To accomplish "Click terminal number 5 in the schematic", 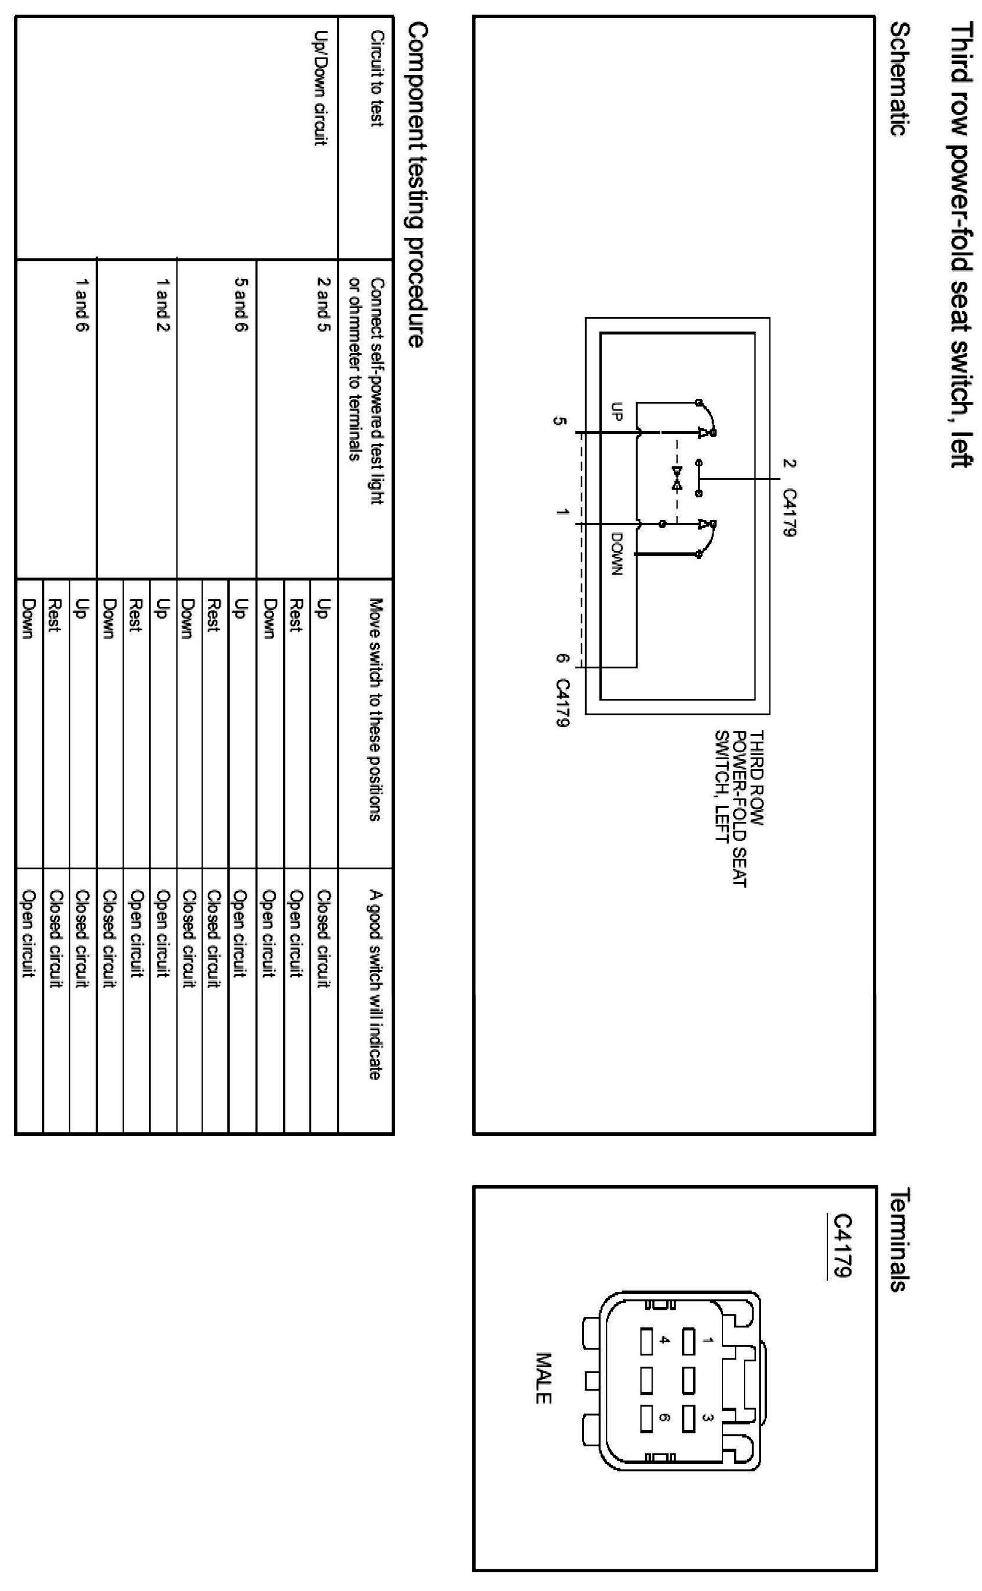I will (559, 421).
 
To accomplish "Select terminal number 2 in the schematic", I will (789, 463).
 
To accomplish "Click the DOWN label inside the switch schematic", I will (617, 553).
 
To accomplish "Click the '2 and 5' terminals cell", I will (323, 305).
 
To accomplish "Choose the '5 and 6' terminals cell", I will (240, 305).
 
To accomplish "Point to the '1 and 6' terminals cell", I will (81, 305).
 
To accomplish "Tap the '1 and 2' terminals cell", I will (162, 305).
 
